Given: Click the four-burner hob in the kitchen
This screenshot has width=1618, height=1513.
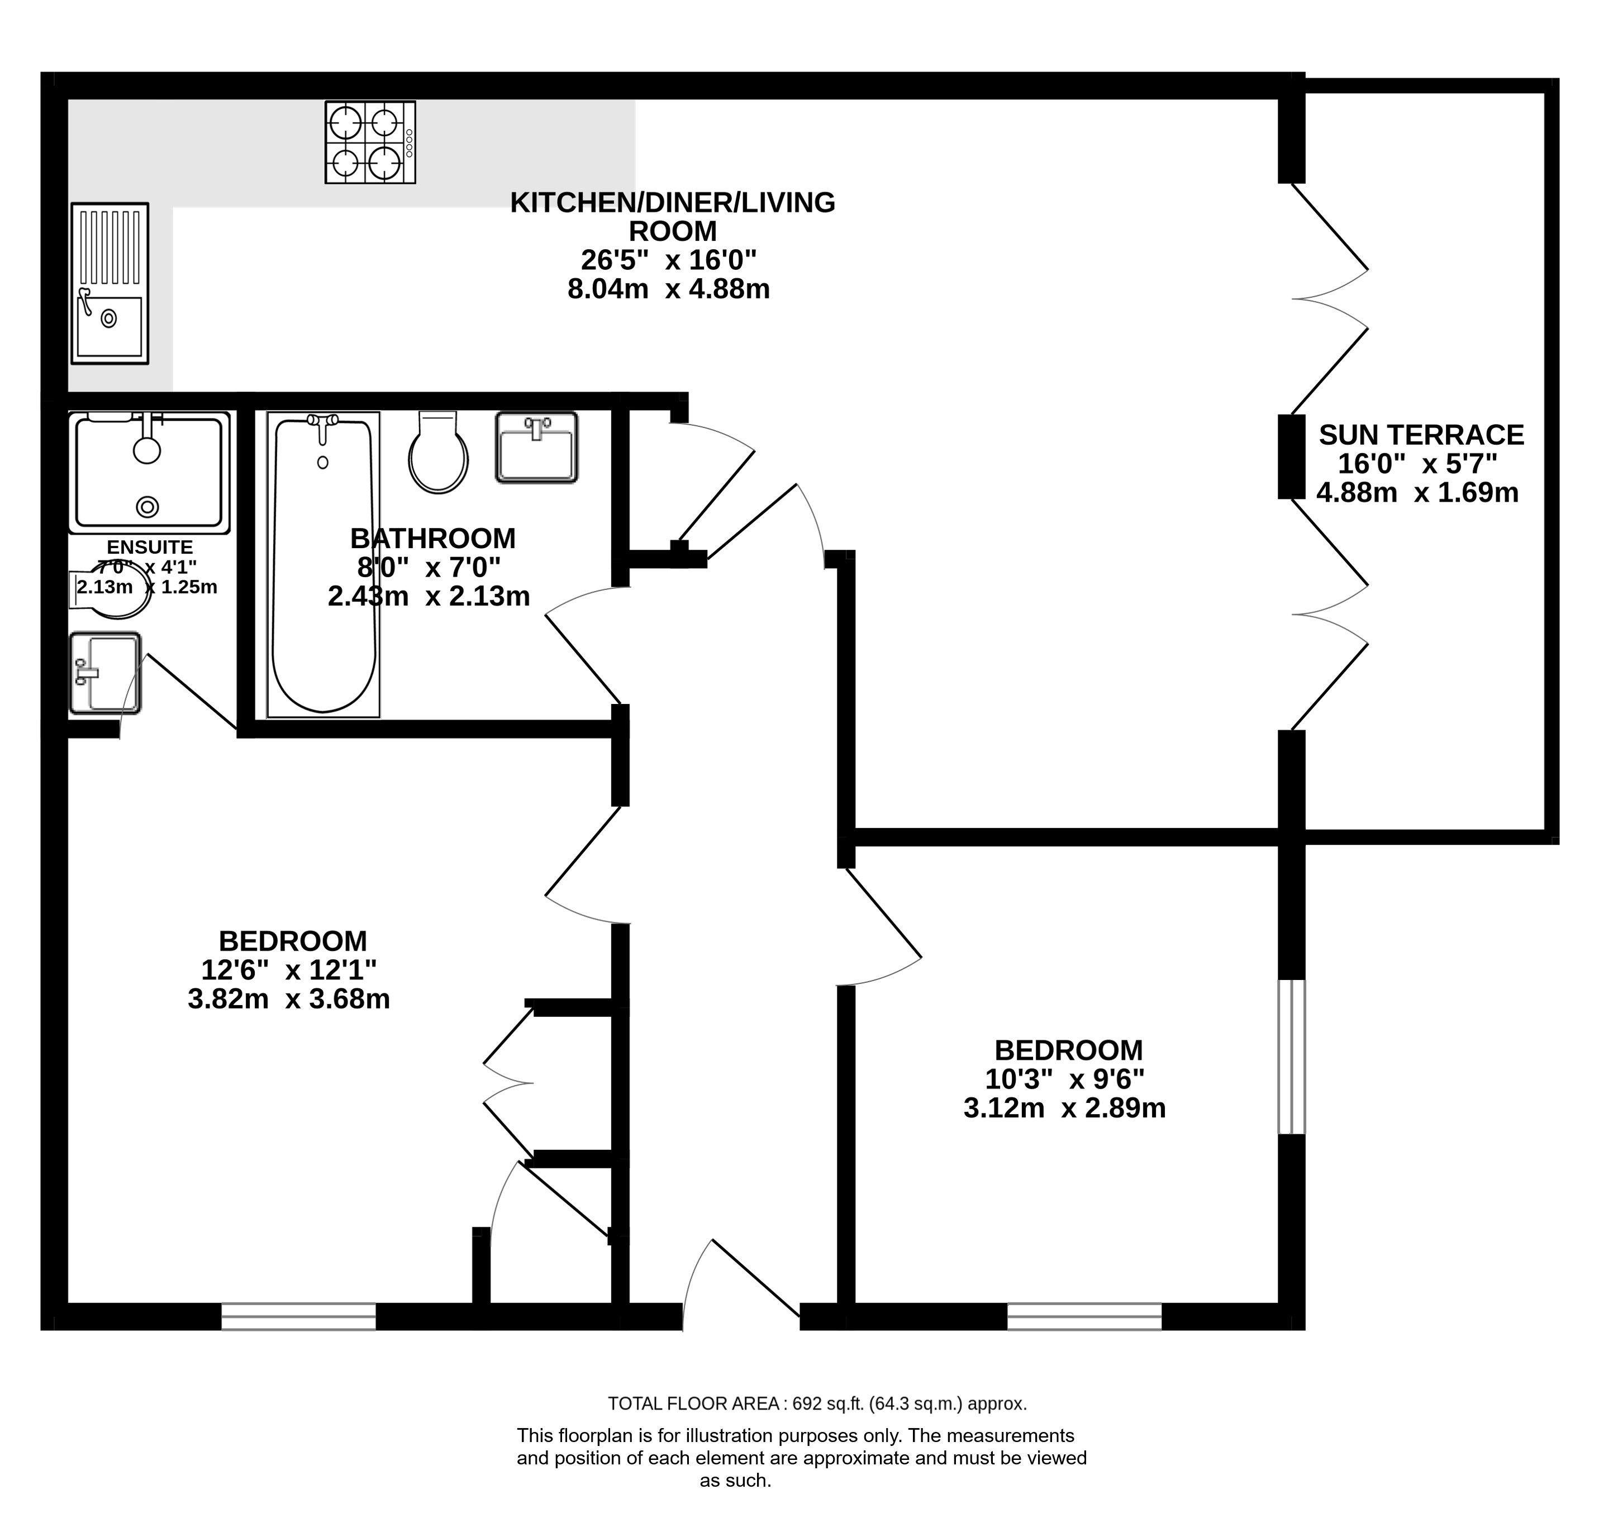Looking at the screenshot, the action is click(370, 142).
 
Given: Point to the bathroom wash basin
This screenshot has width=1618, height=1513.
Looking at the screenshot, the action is click(537, 448).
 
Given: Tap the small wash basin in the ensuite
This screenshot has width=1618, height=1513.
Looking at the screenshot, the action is click(105, 673).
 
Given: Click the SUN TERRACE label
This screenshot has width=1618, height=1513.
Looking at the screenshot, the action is click(1421, 435).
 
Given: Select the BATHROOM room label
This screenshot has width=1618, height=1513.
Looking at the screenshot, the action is click(433, 538).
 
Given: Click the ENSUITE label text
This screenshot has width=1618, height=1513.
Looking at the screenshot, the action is click(150, 547).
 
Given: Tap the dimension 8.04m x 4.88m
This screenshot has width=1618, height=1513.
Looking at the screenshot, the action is click(668, 289).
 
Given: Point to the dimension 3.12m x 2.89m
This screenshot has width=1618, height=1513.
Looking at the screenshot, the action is click(1064, 1108).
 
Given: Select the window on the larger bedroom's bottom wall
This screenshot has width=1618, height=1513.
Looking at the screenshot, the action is click(299, 1316).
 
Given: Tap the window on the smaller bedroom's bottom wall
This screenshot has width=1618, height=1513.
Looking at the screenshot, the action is click(1084, 1316).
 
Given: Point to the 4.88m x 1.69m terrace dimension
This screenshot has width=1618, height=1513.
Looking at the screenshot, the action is click(1418, 492).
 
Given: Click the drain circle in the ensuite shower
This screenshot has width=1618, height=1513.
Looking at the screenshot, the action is click(147, 507).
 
